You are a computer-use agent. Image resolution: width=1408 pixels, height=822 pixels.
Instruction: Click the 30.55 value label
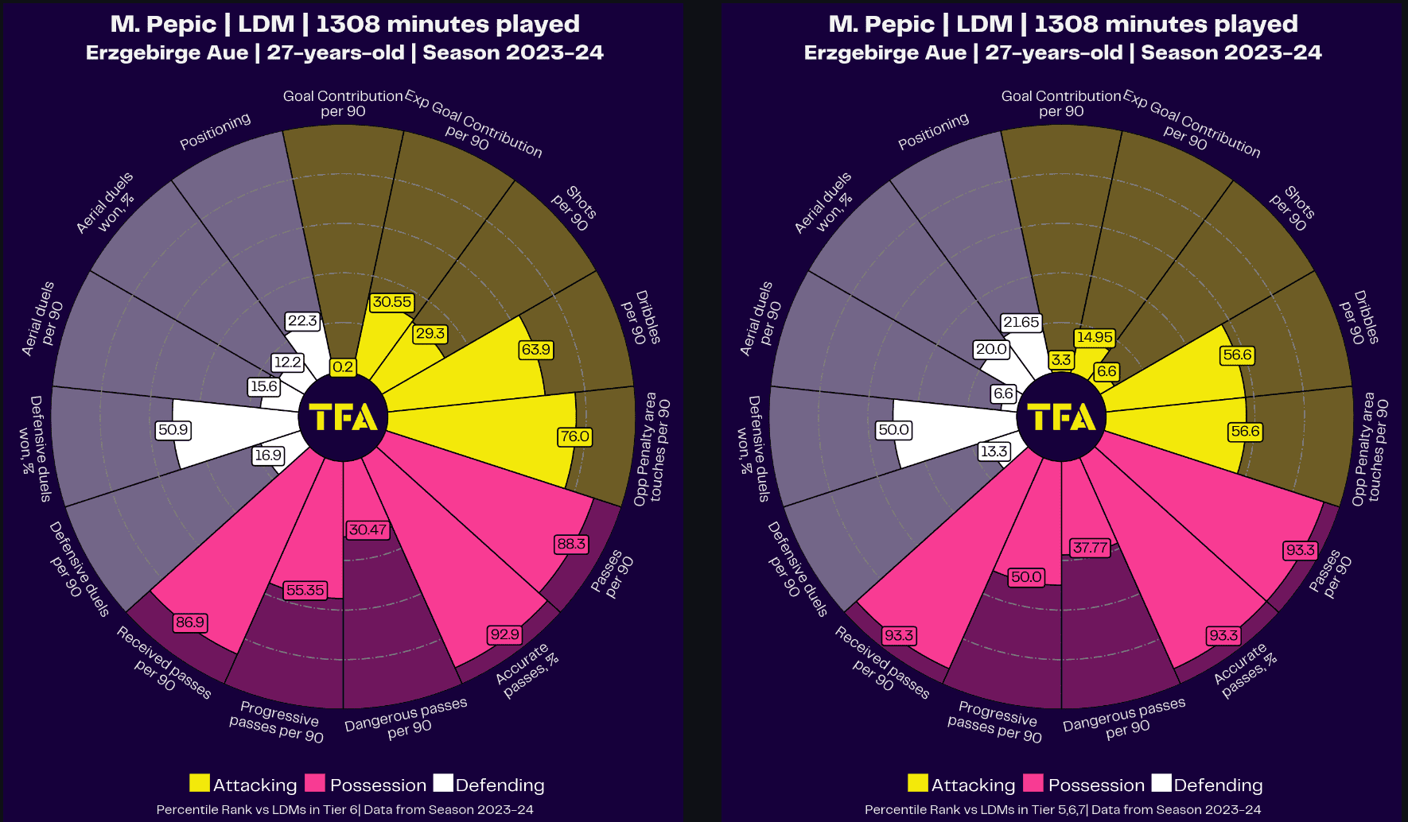coord(392,302)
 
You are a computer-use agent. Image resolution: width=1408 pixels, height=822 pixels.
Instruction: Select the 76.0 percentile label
coord(574,436)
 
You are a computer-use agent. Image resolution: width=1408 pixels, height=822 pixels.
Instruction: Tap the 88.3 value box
coord(571,545)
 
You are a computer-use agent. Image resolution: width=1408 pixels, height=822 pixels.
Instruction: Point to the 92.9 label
coord(504,634)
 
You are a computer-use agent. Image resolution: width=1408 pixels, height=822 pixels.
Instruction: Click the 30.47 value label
coord(368,529)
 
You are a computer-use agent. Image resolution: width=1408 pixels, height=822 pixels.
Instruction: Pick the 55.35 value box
coord(305,590)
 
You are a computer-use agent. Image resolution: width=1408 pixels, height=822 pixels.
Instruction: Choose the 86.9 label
coord(190,622)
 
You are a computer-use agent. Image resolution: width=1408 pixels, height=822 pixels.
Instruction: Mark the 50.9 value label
coord(173,430)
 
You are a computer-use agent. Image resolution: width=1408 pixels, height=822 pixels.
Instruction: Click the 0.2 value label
coord(343,367)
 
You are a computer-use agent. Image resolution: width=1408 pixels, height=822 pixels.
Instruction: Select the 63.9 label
coord(535,350)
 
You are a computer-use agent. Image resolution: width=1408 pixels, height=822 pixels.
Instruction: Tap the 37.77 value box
coord(1090,548)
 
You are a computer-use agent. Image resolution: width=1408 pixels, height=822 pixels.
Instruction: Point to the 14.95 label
coord(1095,337)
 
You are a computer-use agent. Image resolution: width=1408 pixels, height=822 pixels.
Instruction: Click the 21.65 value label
coord(1021,322)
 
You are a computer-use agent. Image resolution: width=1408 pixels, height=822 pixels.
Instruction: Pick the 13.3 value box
coord(994,452)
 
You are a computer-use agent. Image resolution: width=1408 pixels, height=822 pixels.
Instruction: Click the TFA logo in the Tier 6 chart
coord(343,417)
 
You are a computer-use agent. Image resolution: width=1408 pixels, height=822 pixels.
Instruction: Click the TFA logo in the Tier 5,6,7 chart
coord(1061,417)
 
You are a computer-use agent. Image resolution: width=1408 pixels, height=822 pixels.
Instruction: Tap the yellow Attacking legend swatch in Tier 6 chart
coord(200,784)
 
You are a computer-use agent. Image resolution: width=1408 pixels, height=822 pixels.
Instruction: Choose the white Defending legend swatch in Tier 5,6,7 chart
coord(1161,784)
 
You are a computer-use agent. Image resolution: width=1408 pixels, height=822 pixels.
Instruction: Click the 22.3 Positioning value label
coord(302,321)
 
